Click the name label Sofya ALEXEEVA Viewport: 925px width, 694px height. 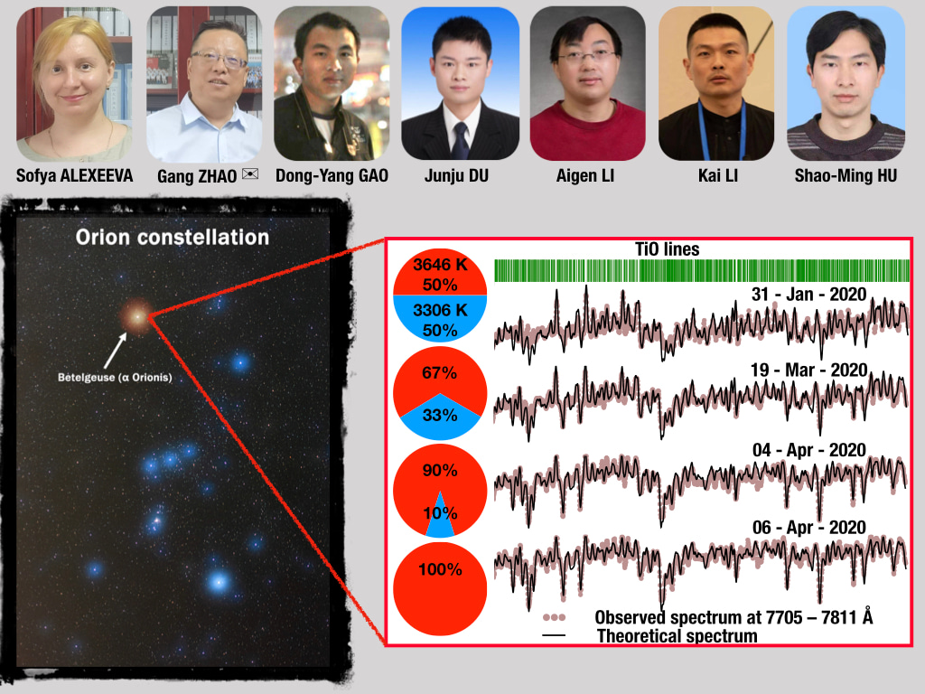coord(75,176)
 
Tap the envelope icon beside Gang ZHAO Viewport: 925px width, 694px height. coord(250,173)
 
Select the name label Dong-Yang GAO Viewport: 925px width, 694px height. coord(332,176)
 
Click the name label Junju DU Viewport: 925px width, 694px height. coord(456,176)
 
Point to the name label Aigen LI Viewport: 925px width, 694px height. coord(585,176)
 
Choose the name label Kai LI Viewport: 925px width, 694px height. coord(718,176)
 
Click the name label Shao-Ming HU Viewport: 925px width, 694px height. coord(846,176)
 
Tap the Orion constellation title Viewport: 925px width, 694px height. coord(173,238)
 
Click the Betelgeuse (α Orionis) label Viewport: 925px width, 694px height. coord(115,377)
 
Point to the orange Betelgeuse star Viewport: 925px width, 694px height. coord(137,317)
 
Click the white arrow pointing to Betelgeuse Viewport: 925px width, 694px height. coord(115,351)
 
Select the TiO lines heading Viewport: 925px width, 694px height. coord(668,249)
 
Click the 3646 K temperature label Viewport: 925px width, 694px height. coord(440,265)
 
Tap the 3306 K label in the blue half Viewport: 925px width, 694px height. coord(440,310)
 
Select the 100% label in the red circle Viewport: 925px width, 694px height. coord(440,569)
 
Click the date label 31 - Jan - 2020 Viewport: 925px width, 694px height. coord(808,294)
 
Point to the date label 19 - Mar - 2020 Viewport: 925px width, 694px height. coord(808,370)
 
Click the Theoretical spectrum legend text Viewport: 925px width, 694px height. coord(677,636)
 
